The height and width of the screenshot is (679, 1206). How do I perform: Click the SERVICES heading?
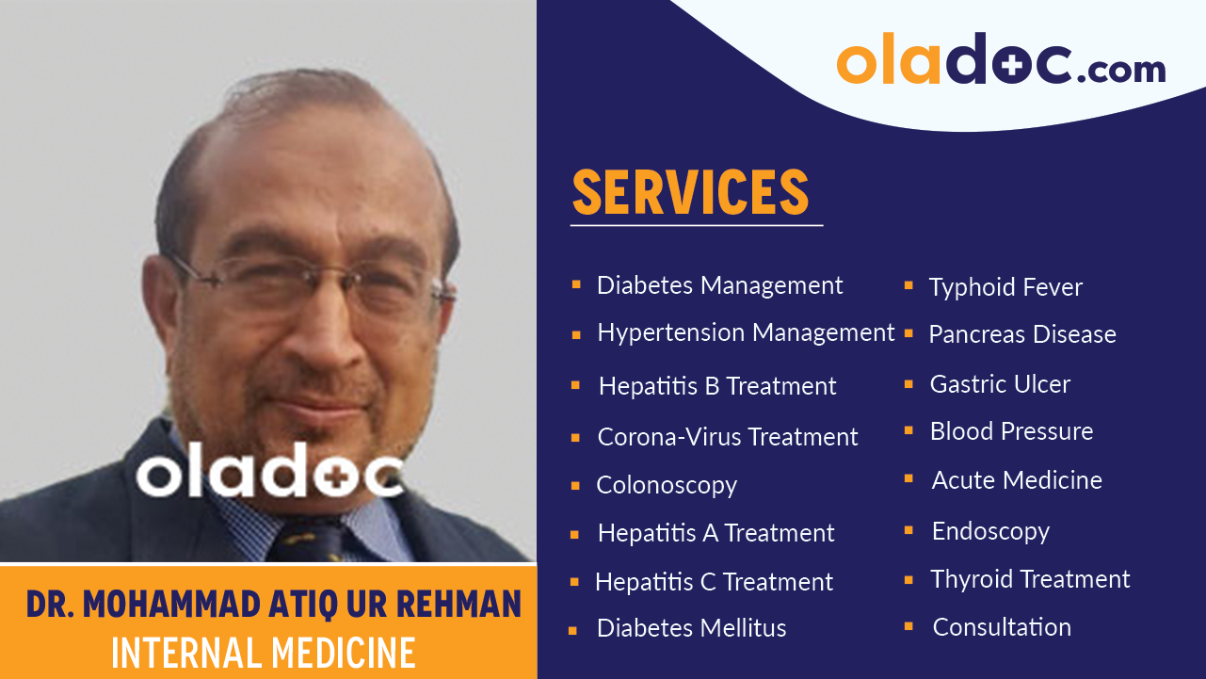click(690, 192)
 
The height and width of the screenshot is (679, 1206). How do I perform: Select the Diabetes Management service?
click(719, 285)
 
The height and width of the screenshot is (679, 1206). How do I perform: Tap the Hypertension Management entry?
click(746, 332)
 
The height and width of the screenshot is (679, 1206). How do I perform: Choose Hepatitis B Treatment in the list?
click(717, 386)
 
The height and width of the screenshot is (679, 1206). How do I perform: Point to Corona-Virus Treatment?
click(728, 437)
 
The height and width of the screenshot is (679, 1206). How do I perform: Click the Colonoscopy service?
click(667, 485)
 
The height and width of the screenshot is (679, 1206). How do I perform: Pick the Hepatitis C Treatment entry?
click(714, 582)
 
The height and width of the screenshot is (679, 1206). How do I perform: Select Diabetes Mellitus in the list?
click(691, 628)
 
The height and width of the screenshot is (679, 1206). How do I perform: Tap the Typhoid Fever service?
click(1005, 287)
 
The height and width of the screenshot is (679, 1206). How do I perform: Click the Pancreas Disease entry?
click(1022, 334)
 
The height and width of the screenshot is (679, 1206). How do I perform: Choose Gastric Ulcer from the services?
click(1000, 384)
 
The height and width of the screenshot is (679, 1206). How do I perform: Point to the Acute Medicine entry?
click(1017, 480)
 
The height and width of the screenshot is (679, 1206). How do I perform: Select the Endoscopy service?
click(990, 531)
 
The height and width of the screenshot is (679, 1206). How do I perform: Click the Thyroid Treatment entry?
click(1030, 579)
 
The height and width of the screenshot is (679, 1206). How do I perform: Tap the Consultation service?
click(1002, 627)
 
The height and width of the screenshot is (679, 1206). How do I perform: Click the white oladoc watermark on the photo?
click(270, 473)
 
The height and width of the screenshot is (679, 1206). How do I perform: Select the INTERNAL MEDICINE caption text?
click(264, 653)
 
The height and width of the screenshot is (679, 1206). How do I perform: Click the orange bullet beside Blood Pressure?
click(909, 431)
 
